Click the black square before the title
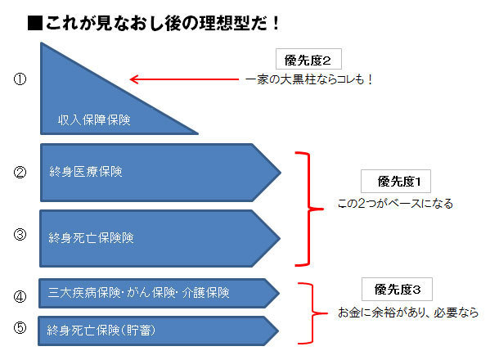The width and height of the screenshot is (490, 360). pos(35,23)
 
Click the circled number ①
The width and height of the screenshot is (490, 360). pos(20,79)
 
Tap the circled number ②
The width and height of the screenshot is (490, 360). pos(20,172)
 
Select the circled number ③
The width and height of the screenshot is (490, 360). pos(20,234)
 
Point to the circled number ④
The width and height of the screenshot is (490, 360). pos(20,296)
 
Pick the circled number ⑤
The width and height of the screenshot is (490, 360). pos(20,327)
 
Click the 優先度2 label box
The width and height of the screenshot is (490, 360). pos(308,59)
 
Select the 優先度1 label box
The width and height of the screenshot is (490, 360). pos(396,182)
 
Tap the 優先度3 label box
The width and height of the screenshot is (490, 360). pos(397,289)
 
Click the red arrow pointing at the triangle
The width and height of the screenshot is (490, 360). pos(184,79)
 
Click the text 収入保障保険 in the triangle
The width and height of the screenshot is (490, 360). pos(94,120)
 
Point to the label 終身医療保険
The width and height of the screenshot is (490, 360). pos(86,172)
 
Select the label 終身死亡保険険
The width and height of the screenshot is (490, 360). pos(91,238)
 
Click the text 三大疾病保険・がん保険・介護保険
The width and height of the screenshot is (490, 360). pos(139,293)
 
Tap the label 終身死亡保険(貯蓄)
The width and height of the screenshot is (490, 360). pos(101,331)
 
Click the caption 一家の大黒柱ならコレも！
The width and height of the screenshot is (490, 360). pos(308,79)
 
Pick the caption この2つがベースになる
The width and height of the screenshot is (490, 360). pos(395,204)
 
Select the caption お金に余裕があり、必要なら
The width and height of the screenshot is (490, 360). pos(408,313)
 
